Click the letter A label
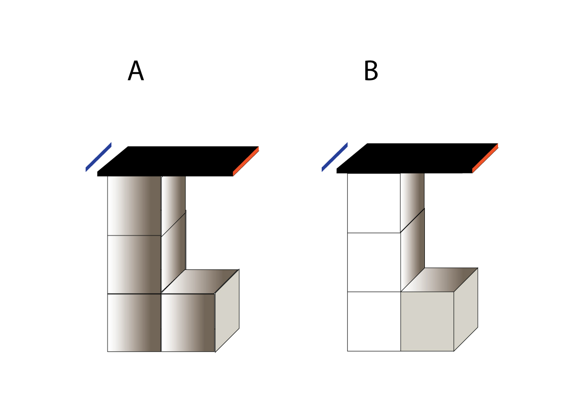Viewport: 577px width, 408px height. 136,71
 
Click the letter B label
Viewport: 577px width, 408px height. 371,71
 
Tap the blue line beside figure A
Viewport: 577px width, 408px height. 98,157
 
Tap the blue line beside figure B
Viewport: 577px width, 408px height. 334,157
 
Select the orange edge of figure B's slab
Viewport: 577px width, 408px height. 485,158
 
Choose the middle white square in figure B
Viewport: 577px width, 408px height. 374,262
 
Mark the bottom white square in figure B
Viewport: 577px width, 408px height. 374,321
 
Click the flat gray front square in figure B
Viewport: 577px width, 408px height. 427,321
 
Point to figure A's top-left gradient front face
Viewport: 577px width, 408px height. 134,205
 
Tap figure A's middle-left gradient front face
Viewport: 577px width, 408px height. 134,265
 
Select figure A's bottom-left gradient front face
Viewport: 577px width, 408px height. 134,323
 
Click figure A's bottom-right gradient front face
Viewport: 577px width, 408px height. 187,323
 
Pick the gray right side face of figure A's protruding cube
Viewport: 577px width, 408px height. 227,310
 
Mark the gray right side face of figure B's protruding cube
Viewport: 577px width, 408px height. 466,309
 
